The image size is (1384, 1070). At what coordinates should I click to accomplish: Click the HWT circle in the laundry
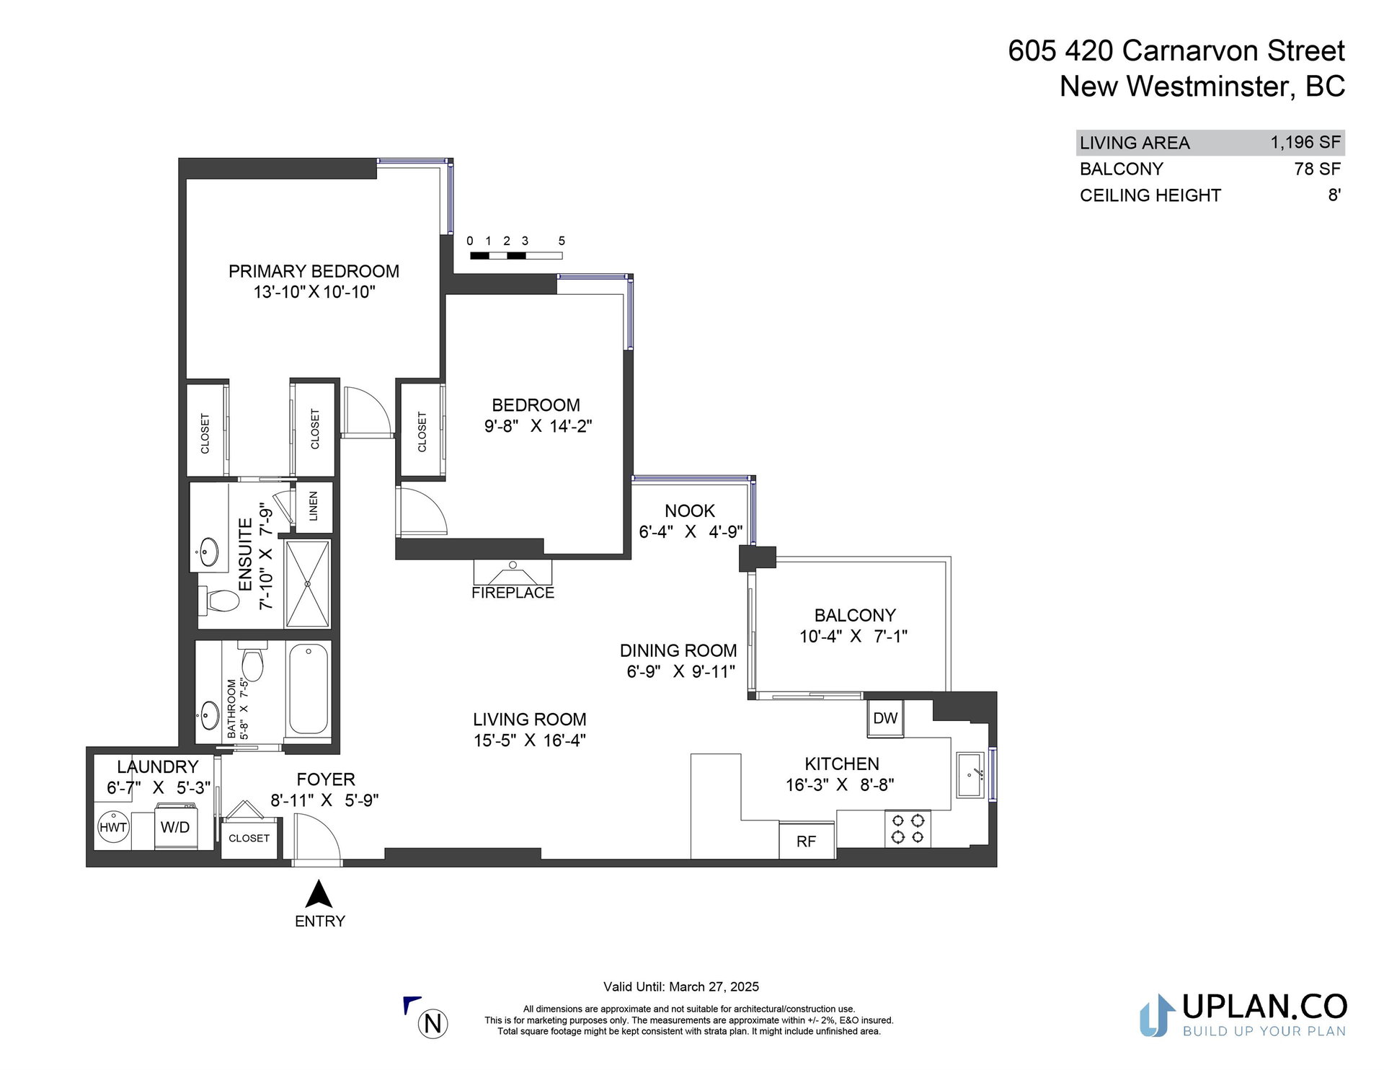[x=113, y=827]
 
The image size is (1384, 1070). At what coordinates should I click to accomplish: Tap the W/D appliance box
[x=175, y=827]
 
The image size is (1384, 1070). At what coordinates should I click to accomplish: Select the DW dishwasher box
[x=885, y=718]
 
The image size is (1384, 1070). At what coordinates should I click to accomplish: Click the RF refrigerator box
[x=807, y=841]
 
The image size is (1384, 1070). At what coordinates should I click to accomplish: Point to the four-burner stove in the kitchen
[x=908, y=828]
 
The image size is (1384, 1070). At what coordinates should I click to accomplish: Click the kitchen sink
[x=970, y=775]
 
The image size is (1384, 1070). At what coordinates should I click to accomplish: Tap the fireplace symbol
[x=513, y=572]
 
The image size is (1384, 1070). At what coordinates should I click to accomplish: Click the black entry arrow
[x=319, y=893]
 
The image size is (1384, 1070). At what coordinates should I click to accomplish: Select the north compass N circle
[x=433, y=1024]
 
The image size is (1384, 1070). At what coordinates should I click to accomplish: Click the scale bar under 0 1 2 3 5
[x=516, y=255]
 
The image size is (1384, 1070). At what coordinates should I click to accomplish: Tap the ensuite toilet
[x=219, y=600]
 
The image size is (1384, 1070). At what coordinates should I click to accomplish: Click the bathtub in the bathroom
[x=309, y=689]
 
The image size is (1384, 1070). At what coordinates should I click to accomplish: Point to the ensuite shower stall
[x=308, y=584]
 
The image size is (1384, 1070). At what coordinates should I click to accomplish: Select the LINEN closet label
[x=314, y=506]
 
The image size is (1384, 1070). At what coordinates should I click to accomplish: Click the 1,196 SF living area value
[x=1305, y=142]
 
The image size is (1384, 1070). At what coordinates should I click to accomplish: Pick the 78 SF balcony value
[x=1318, y=169]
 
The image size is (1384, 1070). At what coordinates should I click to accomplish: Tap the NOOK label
[x=690, y=510]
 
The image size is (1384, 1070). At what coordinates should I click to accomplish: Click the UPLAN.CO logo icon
[x=1158, y=1015]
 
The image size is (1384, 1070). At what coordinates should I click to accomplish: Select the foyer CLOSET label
[x=249, y=838]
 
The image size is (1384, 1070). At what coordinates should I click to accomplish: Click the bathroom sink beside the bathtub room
[x=210, y=715]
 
